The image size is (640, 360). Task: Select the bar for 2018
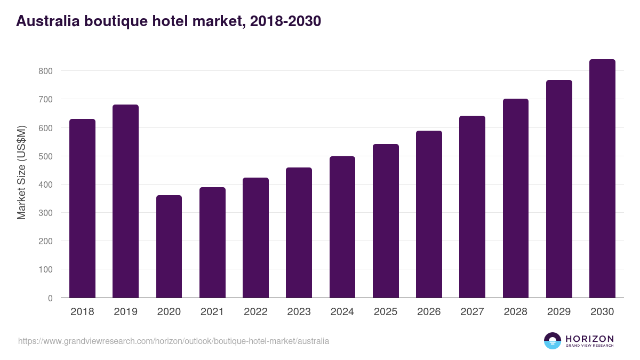click(82, 209)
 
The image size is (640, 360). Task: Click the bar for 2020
click(169, 246)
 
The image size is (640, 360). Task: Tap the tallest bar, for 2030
click(602, 179)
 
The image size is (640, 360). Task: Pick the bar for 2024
click(342, 227)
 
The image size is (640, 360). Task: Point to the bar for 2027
click(472, 207)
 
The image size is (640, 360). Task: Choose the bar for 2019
click(125, 201)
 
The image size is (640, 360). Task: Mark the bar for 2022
click(255, 238)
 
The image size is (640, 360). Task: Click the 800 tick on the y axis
click(45, 71)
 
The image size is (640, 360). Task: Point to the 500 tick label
click(45, 156)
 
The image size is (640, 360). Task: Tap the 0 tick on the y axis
click(50, 298)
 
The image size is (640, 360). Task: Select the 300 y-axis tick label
click(45, 213)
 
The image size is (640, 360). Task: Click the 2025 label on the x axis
click(385, 312)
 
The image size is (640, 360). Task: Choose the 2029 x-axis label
click(558, 312)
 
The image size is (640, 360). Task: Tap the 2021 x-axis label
click(212, 312)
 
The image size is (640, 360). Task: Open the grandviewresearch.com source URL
click(173, 341)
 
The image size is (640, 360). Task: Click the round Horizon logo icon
click(553, 341)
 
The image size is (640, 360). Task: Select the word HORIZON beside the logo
click(589, 338)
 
